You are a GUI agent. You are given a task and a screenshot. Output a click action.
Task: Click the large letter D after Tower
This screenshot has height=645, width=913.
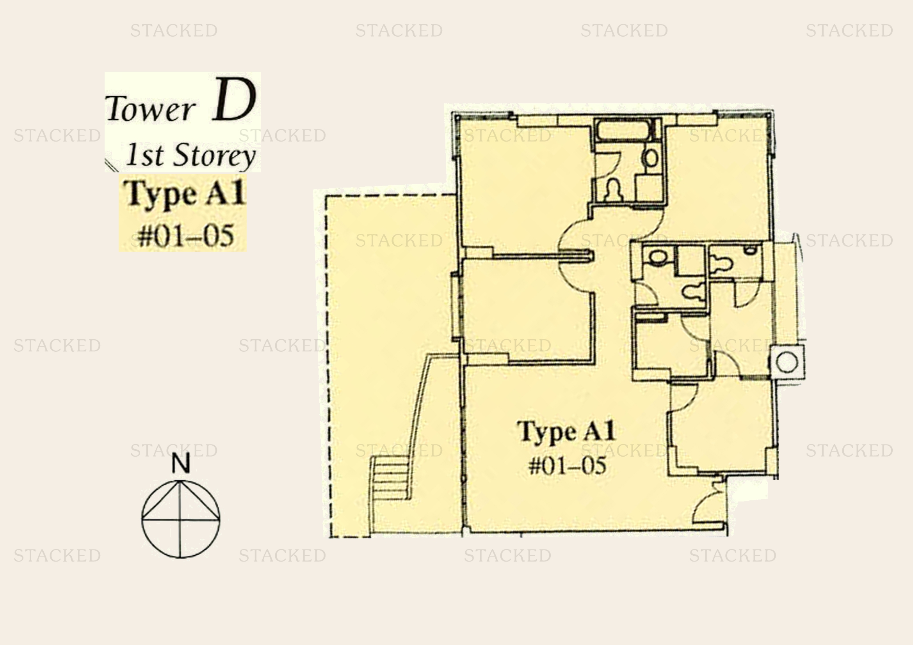(234, 100)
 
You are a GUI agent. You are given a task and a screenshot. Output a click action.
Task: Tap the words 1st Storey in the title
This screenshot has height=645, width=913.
(190, 156)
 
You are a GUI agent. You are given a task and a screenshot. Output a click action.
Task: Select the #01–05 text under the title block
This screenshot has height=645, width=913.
(186, 236)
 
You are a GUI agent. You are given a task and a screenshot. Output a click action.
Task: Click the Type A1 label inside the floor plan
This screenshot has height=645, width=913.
(567, 432)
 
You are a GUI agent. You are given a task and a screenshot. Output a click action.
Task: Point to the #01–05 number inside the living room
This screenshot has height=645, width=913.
(568, 465)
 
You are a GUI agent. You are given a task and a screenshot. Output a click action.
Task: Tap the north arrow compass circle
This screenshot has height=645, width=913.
(181, 519)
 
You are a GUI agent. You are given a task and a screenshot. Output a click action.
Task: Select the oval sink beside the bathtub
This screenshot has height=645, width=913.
(651, 158)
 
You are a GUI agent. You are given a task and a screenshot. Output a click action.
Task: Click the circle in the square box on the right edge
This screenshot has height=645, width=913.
(786, 362)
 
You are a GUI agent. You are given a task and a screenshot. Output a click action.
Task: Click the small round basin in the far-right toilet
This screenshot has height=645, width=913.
(750, 250)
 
